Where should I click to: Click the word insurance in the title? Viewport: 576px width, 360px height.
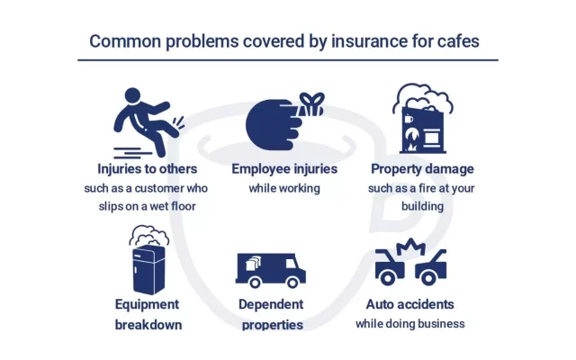point(369,40)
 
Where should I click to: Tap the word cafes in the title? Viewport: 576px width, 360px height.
point(458,40)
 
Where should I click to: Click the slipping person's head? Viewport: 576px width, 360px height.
point(132,95)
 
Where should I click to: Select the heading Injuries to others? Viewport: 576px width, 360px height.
point(148,169)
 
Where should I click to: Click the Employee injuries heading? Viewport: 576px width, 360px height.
point(284,169)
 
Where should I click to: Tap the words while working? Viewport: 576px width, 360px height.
point(284,188)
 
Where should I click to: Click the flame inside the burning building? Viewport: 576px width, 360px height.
point(411,139)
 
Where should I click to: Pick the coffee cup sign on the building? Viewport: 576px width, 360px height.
point(409,119)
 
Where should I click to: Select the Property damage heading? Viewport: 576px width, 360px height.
point(422,169)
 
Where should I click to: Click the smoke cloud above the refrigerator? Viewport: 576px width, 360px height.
point(149,236)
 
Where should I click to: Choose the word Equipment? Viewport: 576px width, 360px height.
point(147,305)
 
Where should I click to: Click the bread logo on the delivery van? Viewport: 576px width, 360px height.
point(254,262)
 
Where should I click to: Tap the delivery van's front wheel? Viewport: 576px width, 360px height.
point(292,283)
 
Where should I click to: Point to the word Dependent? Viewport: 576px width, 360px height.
point(271,304)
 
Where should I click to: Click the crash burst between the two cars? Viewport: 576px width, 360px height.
point(411,247)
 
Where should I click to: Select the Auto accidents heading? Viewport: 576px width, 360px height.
point(410,304)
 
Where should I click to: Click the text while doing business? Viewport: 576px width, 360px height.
point(410,324)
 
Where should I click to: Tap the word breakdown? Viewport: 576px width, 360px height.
point(148,325)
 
